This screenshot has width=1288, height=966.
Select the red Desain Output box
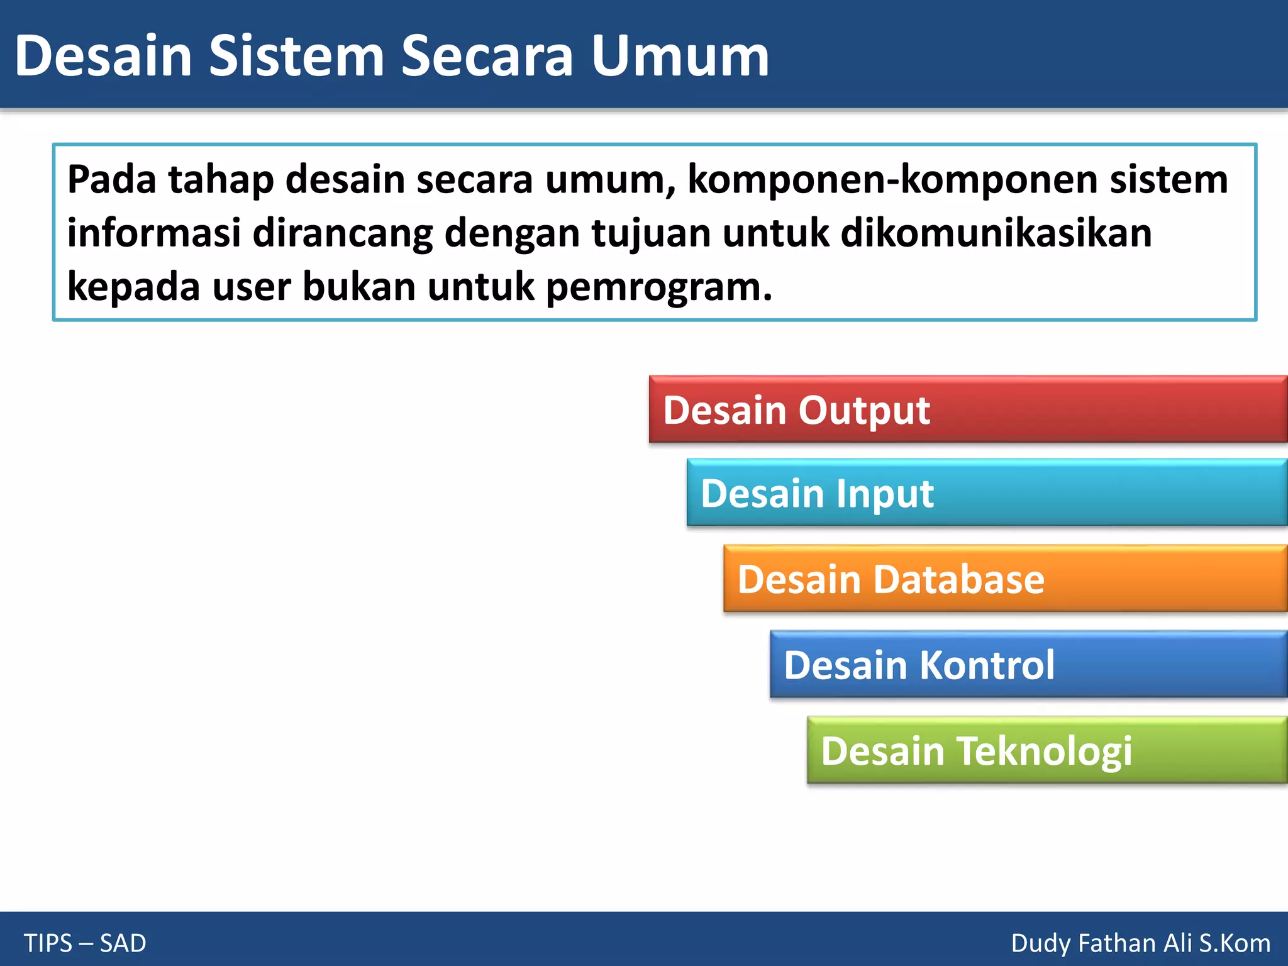click(969, 410)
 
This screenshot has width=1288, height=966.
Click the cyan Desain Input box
click(987, 493)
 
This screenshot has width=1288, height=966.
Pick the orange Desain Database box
click(1006, 579)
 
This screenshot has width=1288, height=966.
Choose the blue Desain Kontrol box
click(1029, 665)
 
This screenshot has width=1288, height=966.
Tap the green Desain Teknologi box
click(1048, 750)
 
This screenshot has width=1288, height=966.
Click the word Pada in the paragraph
click(111, 180)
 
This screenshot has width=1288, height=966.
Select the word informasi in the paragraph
click(154, 233)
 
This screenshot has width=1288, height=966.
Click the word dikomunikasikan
click(996, 233)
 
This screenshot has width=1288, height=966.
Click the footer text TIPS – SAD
click(85, 943)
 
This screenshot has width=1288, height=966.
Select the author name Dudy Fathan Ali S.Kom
click(1140, 943)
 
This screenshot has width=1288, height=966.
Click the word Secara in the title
click(487, 57)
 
